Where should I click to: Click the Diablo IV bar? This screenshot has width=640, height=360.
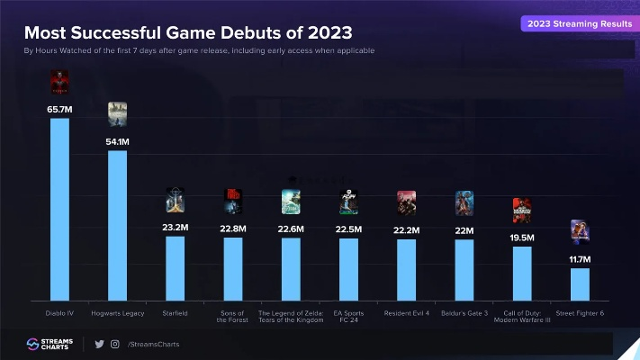(59, 209)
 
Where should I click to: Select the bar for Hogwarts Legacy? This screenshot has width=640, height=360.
(117, 225)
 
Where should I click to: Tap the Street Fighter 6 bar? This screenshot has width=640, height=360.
(580, 283)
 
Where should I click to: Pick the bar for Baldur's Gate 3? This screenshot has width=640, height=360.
(464, 269)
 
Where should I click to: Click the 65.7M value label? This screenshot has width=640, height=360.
(59, 109)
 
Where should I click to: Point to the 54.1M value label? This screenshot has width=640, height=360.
(117, 141)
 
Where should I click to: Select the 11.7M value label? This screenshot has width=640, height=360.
(580, 259)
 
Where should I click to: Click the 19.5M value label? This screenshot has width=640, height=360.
(522, 238)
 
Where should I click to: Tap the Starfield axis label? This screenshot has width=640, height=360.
(175, 312)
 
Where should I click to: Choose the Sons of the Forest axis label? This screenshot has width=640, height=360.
(232, 316)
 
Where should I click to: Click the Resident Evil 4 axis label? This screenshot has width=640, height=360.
(406, 312)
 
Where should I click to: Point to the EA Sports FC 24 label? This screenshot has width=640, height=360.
(348, 316)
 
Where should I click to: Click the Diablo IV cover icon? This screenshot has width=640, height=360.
(59, 84)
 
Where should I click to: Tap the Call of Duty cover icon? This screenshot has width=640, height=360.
(522, 211)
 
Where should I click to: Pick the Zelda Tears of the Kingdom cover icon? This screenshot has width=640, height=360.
(291, 202)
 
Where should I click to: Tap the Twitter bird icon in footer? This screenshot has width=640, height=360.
(100, 344)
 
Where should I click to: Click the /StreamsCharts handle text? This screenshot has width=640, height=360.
(150, 344)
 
